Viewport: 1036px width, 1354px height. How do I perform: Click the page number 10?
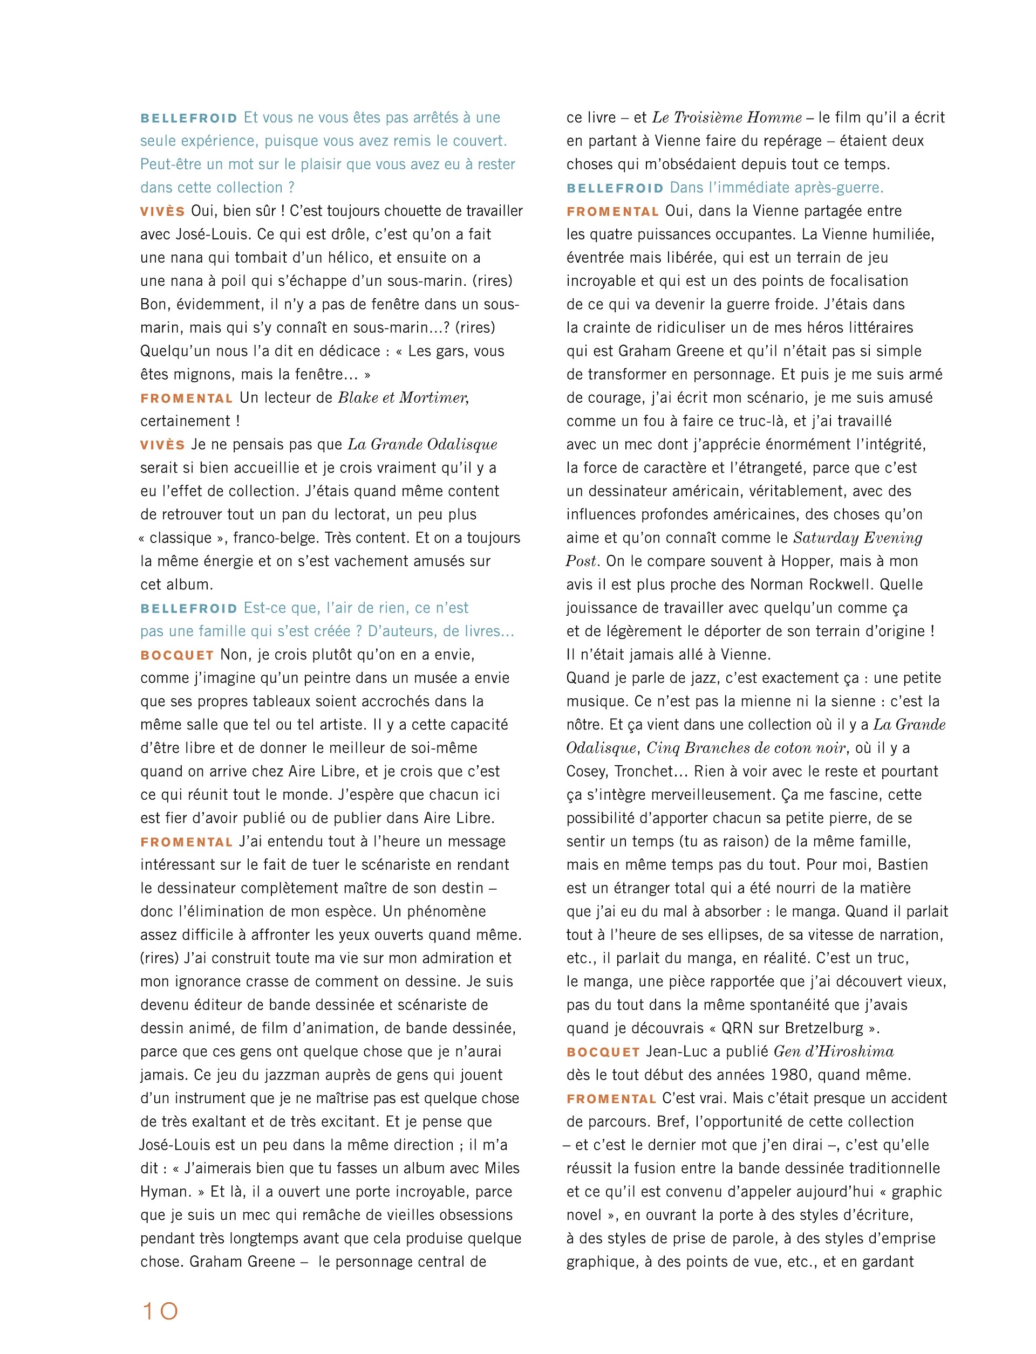[160, 1311]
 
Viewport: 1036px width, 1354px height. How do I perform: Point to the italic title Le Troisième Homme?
[727, 118]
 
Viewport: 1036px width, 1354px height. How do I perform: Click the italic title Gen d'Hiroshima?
[834, 1051]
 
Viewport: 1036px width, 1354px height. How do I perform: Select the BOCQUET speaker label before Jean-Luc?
[603, 1052]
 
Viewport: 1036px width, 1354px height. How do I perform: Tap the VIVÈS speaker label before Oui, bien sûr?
[163, 211]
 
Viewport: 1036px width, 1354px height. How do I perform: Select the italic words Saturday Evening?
[857, 538]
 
